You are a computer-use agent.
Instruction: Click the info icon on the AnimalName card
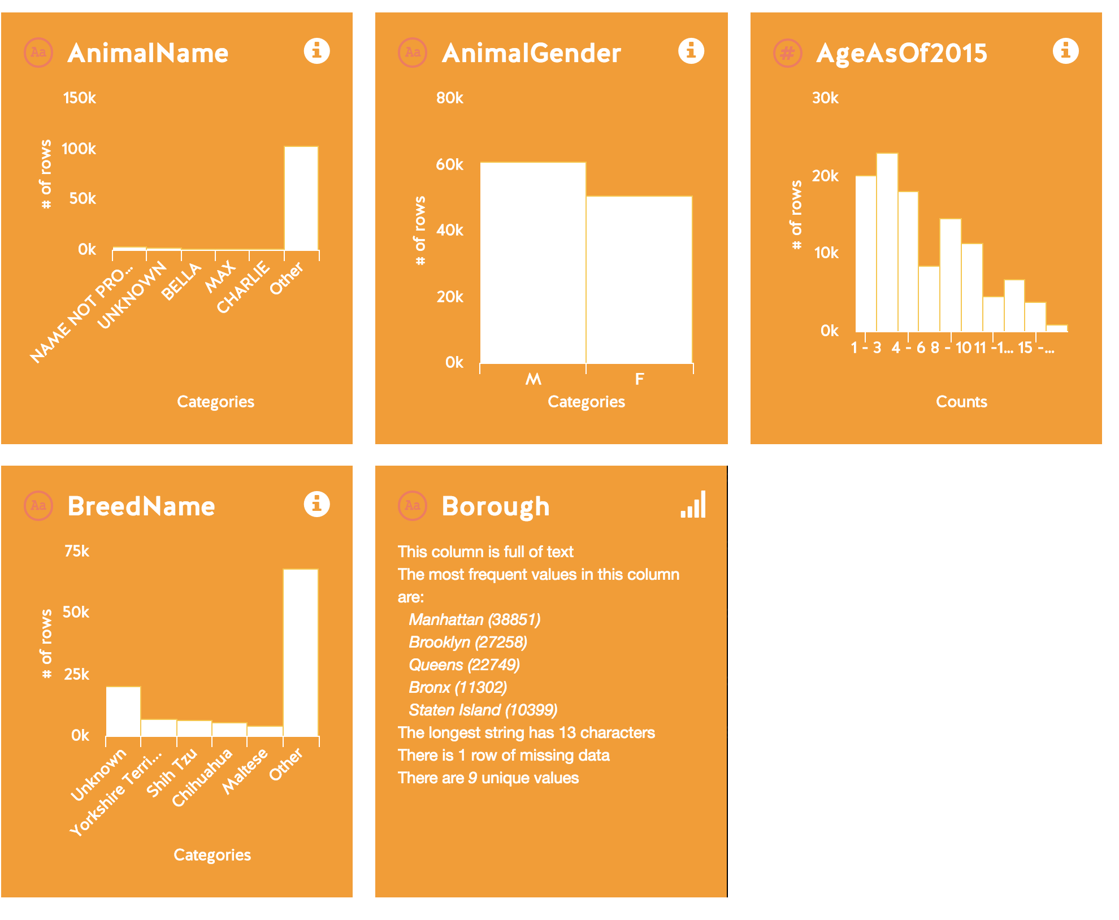point(316,51)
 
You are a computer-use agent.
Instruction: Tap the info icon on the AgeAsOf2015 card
point(1065,51)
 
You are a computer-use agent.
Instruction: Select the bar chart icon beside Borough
point(693,504)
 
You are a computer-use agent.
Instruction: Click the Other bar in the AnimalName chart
point(301,198)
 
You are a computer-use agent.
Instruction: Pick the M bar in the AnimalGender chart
point(533,263)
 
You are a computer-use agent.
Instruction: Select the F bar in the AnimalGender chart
point(639,280)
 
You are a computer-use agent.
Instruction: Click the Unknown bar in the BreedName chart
point(124,711)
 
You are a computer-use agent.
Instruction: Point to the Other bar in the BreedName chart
point(301,653)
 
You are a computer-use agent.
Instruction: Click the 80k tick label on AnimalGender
point(450,98)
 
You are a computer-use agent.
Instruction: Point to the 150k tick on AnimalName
point(80,98)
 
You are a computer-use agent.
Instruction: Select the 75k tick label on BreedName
point(77,552)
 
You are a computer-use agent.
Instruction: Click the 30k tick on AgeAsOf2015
point(825,98)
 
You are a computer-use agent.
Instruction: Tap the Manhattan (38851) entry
point(474,619)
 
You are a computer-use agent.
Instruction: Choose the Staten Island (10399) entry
point(483,710)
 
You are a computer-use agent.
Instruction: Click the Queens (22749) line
point(464,665)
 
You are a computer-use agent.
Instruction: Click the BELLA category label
point(181,281)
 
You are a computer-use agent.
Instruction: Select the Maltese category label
point(245,771)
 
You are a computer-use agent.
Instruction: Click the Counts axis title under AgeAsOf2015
point(961,402)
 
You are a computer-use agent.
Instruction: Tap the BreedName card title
point(141,506)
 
